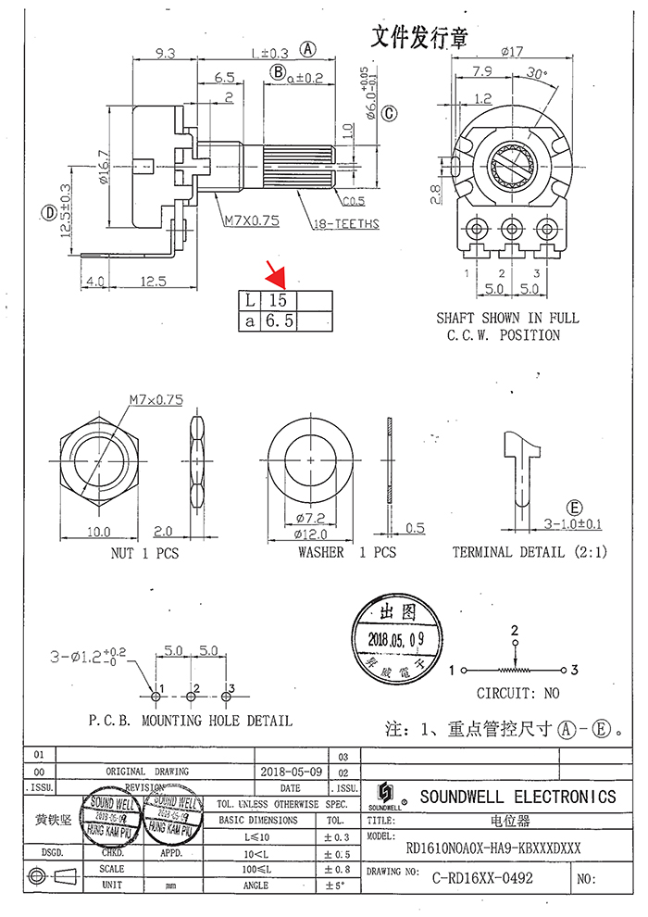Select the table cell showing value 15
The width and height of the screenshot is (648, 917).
pos(279,301)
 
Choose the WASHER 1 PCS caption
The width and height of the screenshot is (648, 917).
pos(346,552)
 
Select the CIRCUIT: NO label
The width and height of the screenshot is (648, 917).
pos(517,693)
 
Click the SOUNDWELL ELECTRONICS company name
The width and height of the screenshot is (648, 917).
pos(517,797)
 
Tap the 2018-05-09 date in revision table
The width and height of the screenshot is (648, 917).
pos(292,771)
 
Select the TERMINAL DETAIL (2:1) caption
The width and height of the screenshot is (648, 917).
pos(529,552)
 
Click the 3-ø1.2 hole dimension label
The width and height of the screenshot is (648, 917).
pos(89,657)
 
